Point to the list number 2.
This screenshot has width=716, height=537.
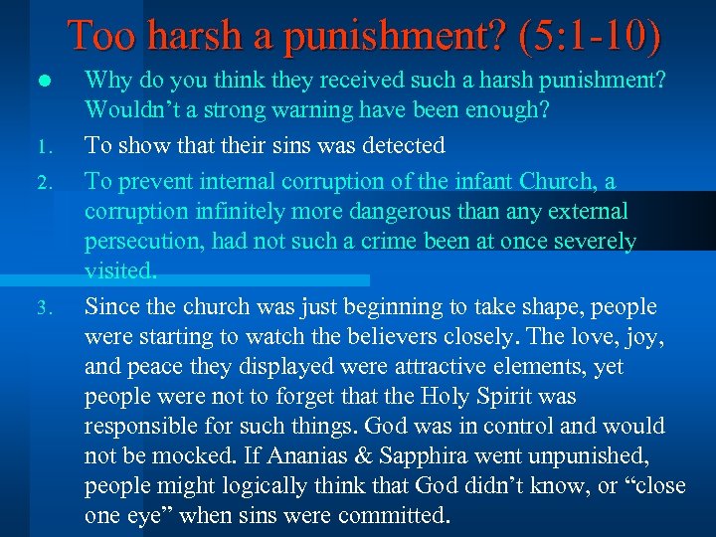pos(43,183)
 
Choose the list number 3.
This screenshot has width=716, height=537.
pos(43,308)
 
